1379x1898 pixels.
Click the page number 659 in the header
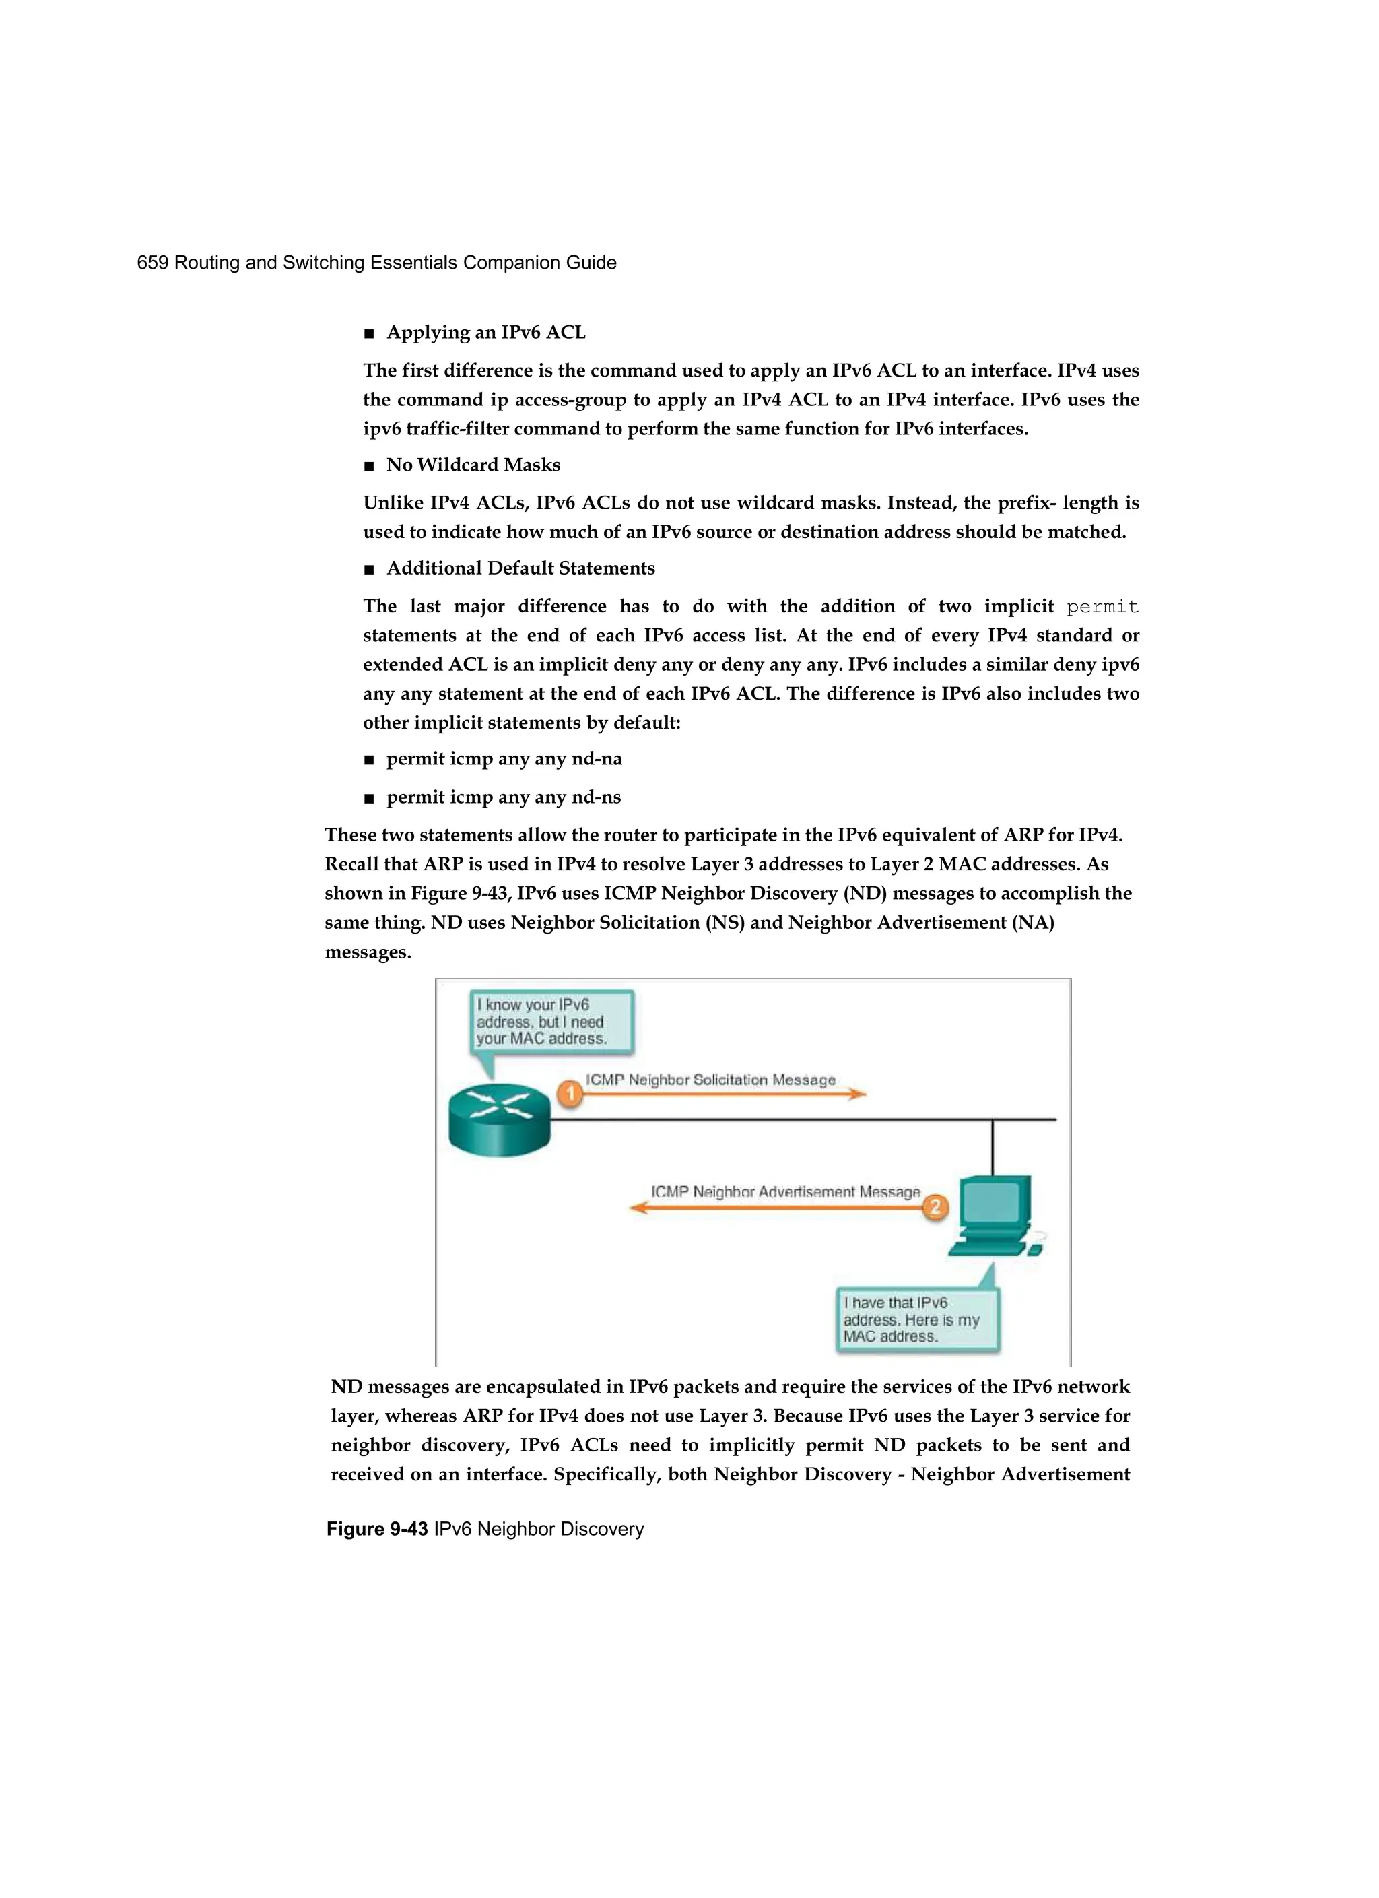point(152,263)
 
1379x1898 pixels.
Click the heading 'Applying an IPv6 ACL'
point(485,332)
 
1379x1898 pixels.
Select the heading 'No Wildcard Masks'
point(473,465)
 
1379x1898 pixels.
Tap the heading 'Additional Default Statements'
point(520,568)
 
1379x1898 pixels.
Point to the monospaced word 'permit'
point(1102,607)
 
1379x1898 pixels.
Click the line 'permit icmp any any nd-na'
point(504,759)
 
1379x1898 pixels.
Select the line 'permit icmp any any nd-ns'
point(503,797)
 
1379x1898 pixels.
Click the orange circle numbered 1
point(570,1093)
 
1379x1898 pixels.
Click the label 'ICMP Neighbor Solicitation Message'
point(710,1080)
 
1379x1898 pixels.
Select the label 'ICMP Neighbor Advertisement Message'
point(785,1191)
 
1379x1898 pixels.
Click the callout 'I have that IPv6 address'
point(917,1319)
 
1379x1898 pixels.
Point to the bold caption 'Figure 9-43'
point(376,1529)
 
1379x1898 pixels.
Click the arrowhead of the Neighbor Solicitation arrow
point(858,1093)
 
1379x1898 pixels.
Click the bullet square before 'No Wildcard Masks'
point(369,466)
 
